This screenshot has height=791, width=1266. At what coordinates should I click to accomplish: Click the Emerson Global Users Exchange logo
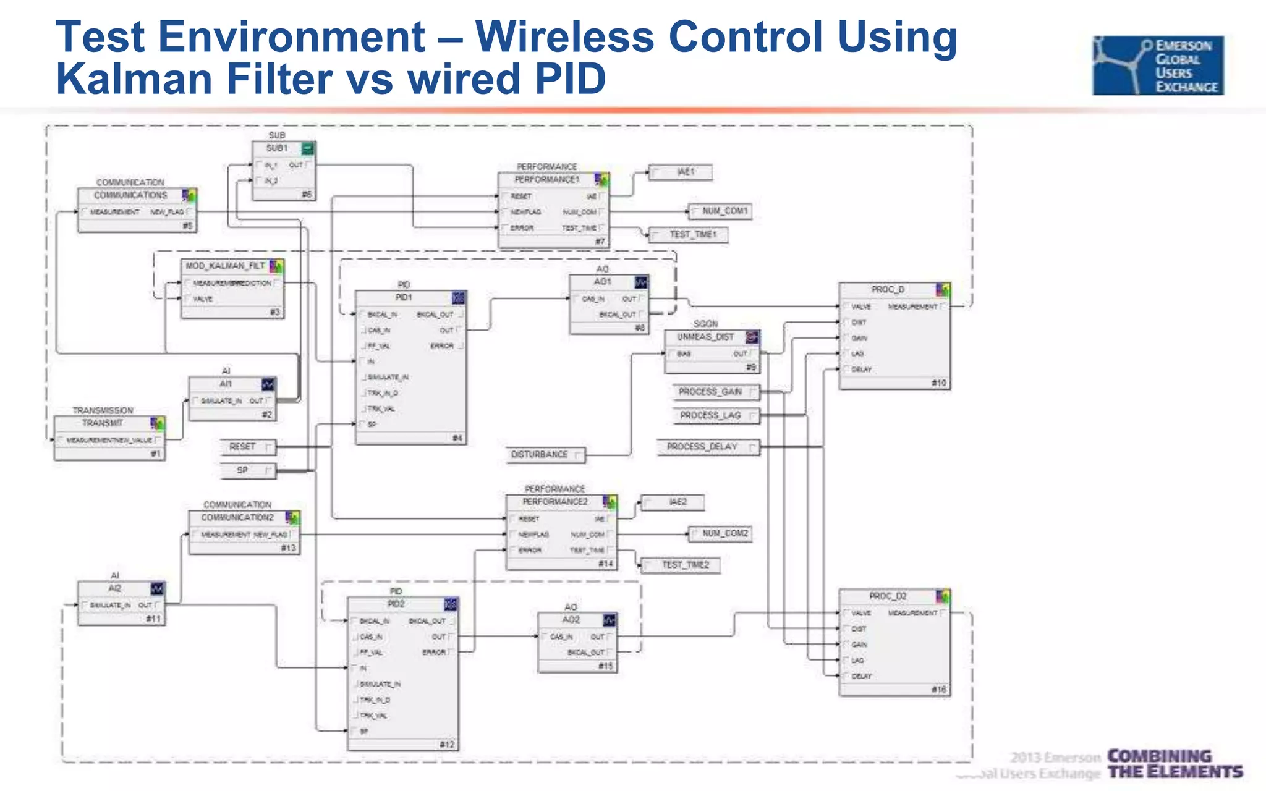pyautogui.click(x=1158, y=66)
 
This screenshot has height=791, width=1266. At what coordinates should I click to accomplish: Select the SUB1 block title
pyautogui.click(x=277, y=148)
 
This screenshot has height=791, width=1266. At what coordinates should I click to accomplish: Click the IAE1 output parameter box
pyautogui.click(x=681, y=172)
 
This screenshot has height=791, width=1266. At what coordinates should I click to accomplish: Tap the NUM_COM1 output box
pyautogui.click(x=721, y=211)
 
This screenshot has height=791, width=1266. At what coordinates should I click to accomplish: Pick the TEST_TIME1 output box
pyautogui.click(x=688, y=235)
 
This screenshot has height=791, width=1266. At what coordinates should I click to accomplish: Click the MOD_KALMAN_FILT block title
pyautogui.click(x=226, y=266)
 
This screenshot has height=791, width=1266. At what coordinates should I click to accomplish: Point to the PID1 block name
pyautogui.click(x=403, y=298)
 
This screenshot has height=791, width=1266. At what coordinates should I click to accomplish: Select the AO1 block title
pyautogui.click(x=602, y=282)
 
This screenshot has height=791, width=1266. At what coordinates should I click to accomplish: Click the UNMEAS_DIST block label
pyautogui.click(x=705, y=337)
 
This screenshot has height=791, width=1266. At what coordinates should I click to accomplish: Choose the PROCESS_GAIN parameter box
pyautogui.click(x=716, y=392)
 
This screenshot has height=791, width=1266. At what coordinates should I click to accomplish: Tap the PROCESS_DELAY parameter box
pyautogui.click(x=708, y=447)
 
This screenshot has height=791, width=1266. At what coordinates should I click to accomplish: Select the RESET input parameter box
pyautogui.click(x=248, y=447)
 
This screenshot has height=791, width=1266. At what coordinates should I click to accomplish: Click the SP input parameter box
pyautogui.click(x=248, y=470)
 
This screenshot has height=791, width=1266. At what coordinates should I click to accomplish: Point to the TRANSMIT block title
pyautogui.click(x=103, y=423)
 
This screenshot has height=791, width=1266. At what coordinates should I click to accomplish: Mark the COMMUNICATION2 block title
pyautogui.click(x=237, y=517)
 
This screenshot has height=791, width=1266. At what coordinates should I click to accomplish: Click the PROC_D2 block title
pyautogui.click(x=888, y=596)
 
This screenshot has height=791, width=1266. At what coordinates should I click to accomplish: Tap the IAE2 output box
pyautogui.click(x=673, y=502)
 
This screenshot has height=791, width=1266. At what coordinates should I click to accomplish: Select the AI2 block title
pyautogui.click(x=115, y=588)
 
